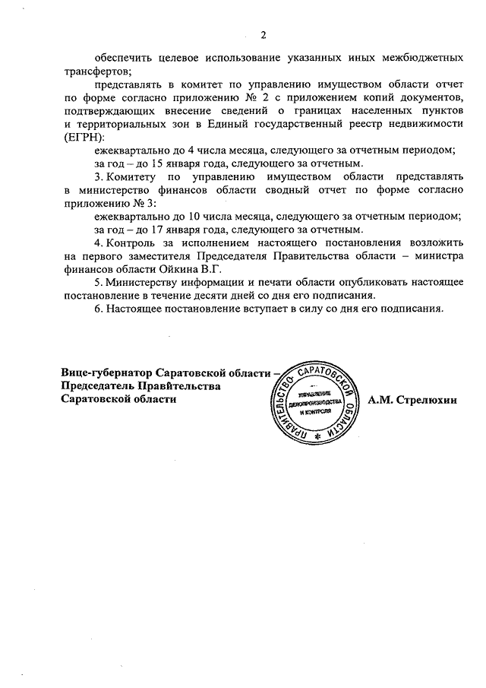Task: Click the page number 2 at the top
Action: (x=264, y=34)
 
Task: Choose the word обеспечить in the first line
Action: (x=125, y=58)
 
